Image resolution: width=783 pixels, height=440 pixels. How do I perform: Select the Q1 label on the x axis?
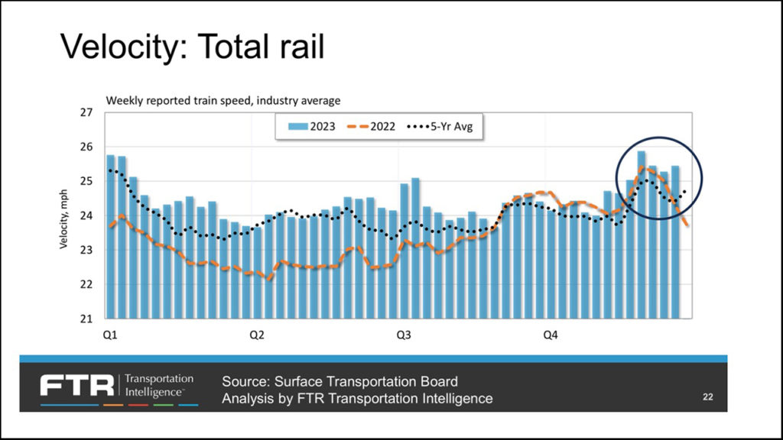pos(111,335)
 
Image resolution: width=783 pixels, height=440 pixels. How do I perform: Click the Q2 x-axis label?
pos(257,335)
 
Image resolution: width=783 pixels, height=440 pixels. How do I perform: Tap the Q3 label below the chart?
pos(404,335)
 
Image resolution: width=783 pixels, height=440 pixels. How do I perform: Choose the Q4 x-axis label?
pos(551,335)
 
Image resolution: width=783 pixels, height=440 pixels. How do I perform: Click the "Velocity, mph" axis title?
pos(65,216)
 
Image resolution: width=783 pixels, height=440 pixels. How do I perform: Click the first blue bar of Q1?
pos(110,236)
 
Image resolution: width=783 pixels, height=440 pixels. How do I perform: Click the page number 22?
pos(708,396)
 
